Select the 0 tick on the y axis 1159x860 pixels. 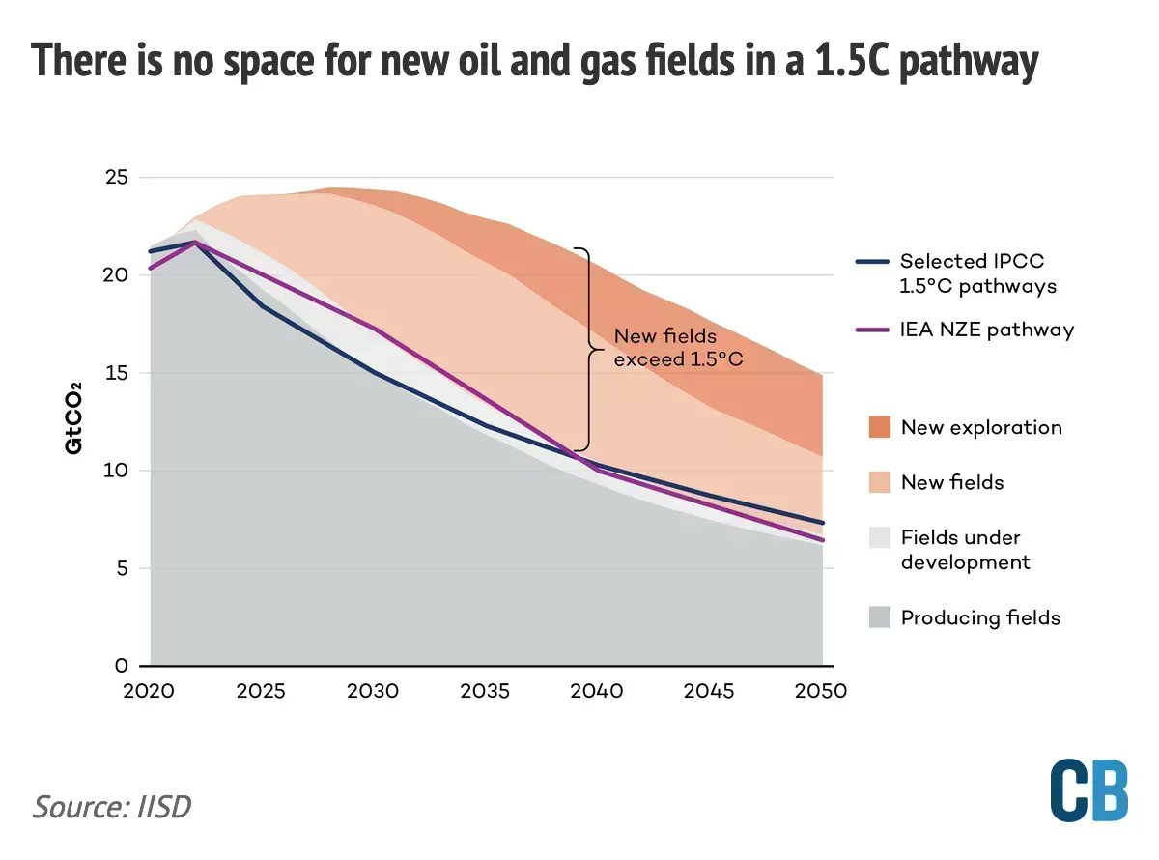point(121,666)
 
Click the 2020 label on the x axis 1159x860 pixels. point(150,692)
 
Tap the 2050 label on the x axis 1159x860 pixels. point(822,692)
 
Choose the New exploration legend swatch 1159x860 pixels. point(880,427)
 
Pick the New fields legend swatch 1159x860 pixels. point(880,482)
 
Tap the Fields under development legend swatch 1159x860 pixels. point(880,538)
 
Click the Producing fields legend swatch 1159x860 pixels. point(880,617)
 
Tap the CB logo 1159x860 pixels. point(1088,790)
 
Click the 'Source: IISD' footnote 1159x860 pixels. point(112,806)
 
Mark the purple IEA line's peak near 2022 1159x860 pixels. point(196,243)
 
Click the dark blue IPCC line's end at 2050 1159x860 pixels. point(822,523)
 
